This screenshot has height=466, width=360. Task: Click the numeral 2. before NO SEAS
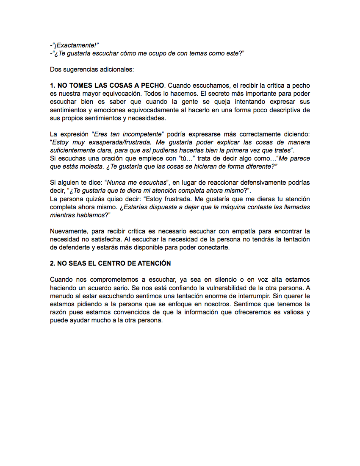tap(53, 264)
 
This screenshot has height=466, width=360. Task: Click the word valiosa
tap(291, 312)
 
